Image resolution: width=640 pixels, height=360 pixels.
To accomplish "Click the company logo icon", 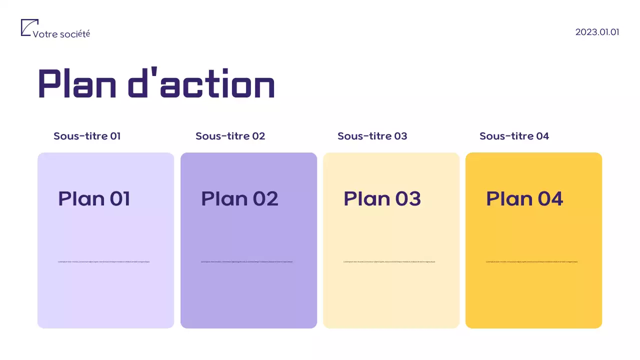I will (29, 27).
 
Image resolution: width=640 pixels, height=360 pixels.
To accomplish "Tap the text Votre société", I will (61, 34).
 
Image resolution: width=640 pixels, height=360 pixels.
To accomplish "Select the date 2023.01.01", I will (597, 32).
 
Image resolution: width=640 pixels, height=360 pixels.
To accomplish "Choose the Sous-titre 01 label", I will (87, 136).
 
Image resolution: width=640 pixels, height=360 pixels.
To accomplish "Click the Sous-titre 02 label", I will (230, 136).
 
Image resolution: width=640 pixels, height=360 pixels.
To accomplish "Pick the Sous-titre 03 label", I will (372, 136).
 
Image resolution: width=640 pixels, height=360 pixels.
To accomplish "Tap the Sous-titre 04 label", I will (514, 136).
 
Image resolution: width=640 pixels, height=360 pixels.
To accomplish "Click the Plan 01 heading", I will (94, 198).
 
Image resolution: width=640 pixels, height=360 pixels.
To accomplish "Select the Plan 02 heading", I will (239, 198).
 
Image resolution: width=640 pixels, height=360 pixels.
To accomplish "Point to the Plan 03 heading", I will (382, 198).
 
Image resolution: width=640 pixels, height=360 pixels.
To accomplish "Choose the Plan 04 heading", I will (524, 198).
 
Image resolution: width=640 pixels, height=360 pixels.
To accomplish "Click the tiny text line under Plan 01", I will (103, 261).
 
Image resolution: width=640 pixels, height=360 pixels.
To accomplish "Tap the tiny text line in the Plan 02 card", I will (246, 261).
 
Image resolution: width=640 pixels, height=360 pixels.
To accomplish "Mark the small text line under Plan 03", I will (389, 261).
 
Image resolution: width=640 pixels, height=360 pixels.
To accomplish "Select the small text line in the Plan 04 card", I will (531, 261).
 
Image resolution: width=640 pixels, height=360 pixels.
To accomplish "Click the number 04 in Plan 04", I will (550, 198).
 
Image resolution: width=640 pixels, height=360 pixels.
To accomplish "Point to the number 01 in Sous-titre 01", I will (115, 136).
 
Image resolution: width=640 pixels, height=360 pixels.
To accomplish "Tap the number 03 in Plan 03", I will (408, 198).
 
